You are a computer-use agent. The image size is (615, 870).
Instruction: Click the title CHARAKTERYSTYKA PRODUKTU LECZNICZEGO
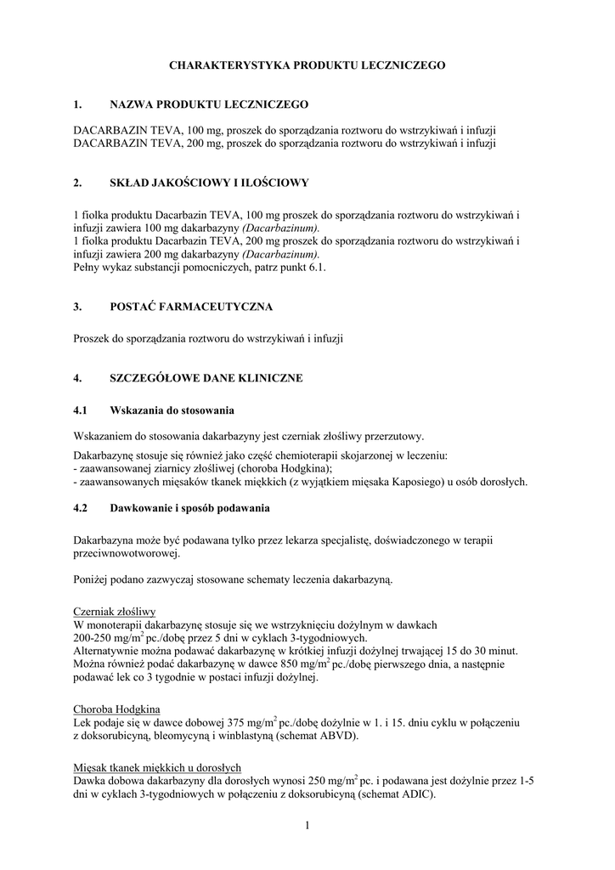307,65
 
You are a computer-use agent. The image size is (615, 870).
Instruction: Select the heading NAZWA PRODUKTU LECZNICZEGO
209,105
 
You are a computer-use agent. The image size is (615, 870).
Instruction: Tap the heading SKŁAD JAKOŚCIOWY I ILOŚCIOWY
210,182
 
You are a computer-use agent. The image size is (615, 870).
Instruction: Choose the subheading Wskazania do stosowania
172,410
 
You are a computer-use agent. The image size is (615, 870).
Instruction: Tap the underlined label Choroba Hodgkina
117,709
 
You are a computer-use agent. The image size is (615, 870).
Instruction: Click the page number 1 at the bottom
307,824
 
